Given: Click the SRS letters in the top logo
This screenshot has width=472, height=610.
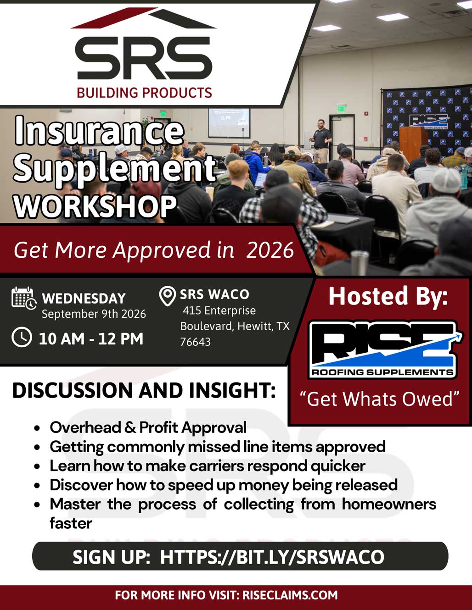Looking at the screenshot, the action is tap(144, 58).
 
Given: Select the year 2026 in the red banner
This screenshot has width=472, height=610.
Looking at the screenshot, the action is tap(270, 250).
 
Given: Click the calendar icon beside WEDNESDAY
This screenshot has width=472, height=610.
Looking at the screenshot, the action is tap(24, 298).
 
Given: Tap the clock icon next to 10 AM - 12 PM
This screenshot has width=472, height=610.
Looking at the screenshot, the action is tap(22, 337).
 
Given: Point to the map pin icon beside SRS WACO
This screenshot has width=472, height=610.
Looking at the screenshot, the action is tap(167, 296).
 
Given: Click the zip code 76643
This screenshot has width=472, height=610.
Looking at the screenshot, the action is tap(195, 342).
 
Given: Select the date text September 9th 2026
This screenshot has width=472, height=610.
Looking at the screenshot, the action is tap(94, 314).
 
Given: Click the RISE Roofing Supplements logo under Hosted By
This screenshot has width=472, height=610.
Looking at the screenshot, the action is tap(385, 349).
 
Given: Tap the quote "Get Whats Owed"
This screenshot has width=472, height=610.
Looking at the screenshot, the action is tap(380, 399).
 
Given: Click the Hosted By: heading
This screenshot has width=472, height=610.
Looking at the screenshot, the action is tap(388, 296).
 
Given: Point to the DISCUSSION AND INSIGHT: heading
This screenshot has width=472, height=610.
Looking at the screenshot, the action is tap(144, 390).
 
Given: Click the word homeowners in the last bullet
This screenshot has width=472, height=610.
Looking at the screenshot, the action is tap(389, 504).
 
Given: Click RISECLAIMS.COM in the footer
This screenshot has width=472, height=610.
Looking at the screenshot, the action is tap(290, 595).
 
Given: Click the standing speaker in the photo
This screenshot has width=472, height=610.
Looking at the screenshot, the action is tap(320, 141).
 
